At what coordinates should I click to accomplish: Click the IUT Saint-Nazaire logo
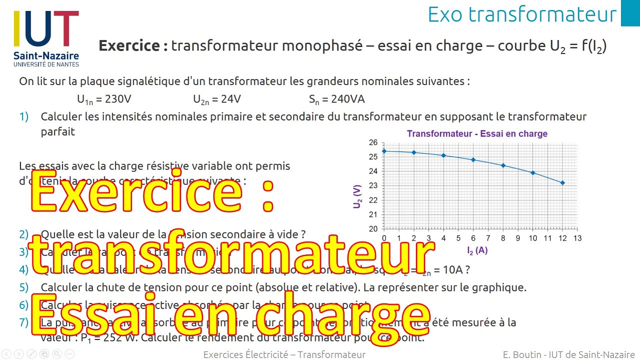[46, 38]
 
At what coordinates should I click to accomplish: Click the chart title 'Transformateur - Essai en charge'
[477, 134]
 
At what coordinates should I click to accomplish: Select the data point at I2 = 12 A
[562, 183]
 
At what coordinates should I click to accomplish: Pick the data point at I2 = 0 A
[384, 151]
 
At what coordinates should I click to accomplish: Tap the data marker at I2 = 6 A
[473, 160]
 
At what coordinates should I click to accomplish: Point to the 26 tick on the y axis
[373, 142]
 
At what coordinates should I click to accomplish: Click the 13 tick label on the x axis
[577, 238]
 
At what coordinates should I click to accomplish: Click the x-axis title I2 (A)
[477, 250]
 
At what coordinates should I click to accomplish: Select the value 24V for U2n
[230, 99]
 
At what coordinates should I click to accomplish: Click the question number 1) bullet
[24, 117]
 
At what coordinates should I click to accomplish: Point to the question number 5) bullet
[24, 287]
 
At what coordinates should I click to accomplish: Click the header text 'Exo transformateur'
[522, 14]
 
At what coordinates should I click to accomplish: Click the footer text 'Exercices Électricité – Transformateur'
[284, 354]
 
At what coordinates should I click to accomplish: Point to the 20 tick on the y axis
[373, 229]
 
